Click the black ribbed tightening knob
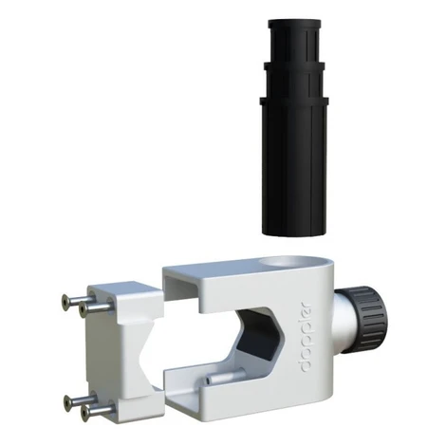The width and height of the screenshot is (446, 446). (x=368, y=320)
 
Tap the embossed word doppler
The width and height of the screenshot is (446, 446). (x=305, y=337)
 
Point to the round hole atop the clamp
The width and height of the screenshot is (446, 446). (x=283, y=262)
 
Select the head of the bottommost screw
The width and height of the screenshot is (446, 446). (x=84, y=414)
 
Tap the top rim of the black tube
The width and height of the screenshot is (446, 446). (x=294, y=23)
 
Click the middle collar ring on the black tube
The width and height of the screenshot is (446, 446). (x=294, y=66)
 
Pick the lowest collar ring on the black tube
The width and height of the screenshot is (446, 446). (x=294, y=101)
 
